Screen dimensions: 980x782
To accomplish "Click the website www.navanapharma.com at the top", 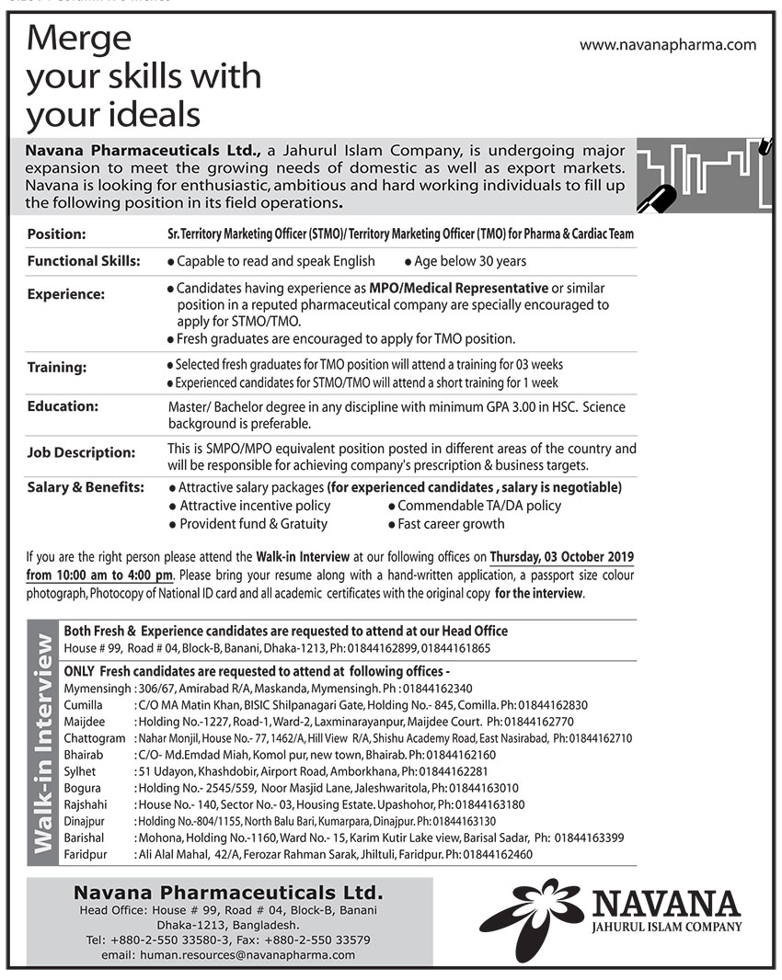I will click(668, 44).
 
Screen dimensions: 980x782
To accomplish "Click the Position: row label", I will click(56, 234).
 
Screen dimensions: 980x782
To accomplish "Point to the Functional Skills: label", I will click(84, 261).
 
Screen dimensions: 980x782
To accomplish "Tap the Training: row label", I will click(57, 367).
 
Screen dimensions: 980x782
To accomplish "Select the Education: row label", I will click(63, 405).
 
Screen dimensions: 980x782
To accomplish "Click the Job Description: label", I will click(81, 452).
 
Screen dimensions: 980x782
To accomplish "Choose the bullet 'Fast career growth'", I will click(451, 523).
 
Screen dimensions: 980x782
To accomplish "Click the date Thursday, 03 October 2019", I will click(561, 557).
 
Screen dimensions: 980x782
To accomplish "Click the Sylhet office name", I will click(80, 771).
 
